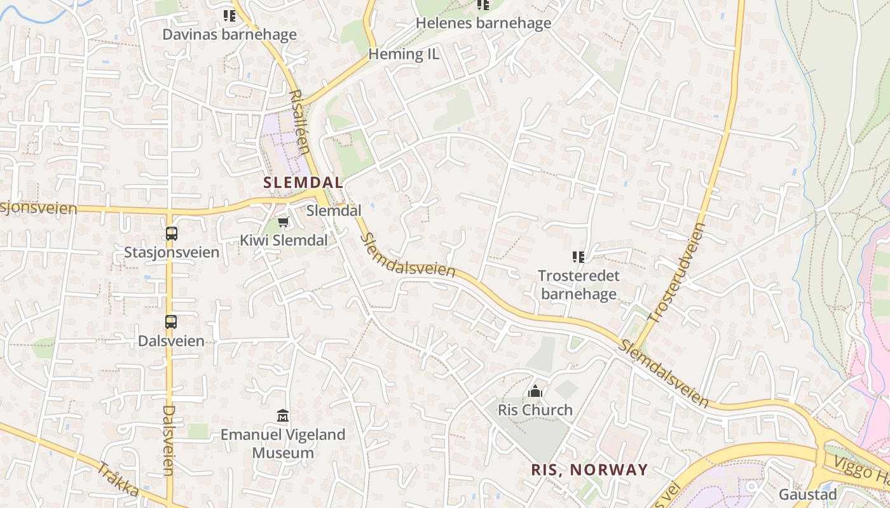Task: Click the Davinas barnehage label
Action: coord(229,34)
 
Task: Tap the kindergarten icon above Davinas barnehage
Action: coord(229,15)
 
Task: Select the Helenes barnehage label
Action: coord(483,23)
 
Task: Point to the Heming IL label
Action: coord(404,54)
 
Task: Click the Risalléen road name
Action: coord(299,122)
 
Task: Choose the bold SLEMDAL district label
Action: coord(303,182)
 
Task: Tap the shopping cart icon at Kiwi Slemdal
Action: coord(284,222)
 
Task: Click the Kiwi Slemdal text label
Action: coord(284,241)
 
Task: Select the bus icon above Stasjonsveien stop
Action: coord(172,233)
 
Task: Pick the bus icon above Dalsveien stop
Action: coord(171,321)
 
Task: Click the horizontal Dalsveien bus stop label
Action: coord(172,341)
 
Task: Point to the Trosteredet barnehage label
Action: coord(578,284)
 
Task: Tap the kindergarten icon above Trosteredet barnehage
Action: coord(578,257)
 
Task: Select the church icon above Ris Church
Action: coord(535,391)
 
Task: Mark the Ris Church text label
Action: coord(535,410)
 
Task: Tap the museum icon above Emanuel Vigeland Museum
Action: coord(283,416)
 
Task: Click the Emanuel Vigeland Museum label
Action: coord(283,444)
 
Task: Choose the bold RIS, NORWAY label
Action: coord(589,470)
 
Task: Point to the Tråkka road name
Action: coord(118,479)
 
